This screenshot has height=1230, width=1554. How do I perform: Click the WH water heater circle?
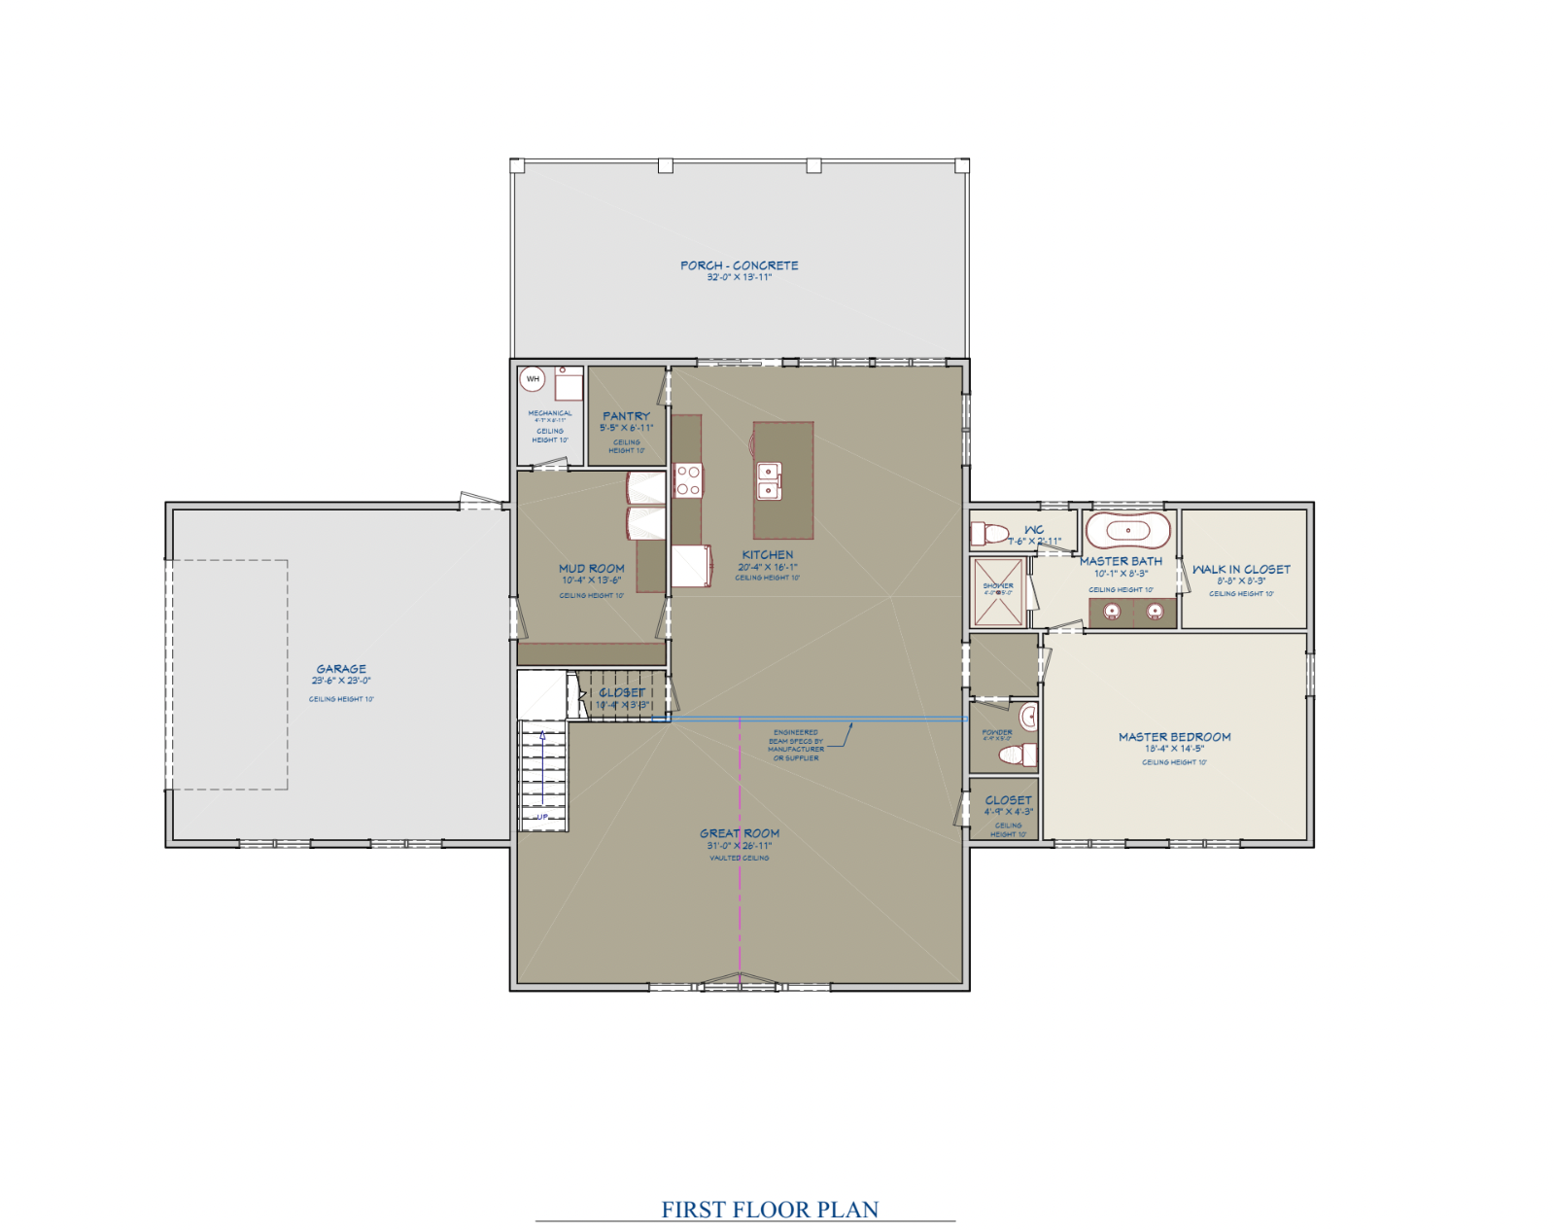click(532, 379)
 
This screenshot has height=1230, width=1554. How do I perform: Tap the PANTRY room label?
click(626, 416)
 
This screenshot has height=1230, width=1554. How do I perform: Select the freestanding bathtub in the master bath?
click(1127, 531)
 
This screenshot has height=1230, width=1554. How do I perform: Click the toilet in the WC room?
click(990, 534)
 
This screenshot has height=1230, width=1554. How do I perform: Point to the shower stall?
click(998, 591)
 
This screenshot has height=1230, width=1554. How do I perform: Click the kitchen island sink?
click(769, 481)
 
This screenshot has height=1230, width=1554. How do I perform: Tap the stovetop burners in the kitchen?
click(688, 480)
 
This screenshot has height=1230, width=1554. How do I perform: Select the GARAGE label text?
click(341, 669)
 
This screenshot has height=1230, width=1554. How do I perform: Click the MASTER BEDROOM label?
click(1174, 737)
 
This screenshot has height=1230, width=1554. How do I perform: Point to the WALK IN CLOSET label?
click(1241, 570)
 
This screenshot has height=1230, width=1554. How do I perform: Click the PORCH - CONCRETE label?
click(739, 265)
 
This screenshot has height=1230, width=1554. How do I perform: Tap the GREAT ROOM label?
click(740, 833)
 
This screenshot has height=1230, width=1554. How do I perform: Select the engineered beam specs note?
click(796, 745)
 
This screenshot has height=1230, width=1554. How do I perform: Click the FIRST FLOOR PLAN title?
click(770, 1210)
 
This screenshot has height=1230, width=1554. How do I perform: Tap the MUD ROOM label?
click(591, 569)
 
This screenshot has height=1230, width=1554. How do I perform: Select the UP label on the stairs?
click(542, 817)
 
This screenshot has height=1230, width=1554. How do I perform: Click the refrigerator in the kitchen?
click(690, 566)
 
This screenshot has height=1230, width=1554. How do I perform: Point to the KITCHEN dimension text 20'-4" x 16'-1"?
click(767, 567)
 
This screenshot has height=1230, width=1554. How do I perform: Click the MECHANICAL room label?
click(550, 413)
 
